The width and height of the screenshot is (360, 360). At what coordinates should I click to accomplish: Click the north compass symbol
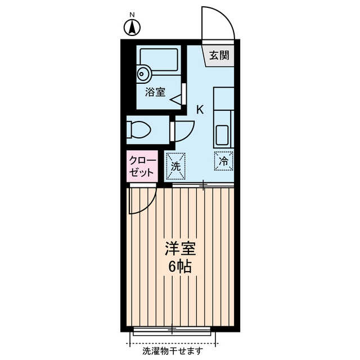(132, 27)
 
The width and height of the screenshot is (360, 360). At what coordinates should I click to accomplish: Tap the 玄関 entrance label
(220, 55)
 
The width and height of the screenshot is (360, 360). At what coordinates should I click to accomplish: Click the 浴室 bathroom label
(155, 92)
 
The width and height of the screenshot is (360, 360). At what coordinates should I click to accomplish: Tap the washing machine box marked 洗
(175, 166)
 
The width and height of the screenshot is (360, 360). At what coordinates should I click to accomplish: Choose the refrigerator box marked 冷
(223, 161)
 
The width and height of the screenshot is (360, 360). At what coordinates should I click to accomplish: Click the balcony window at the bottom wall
(172, 328)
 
